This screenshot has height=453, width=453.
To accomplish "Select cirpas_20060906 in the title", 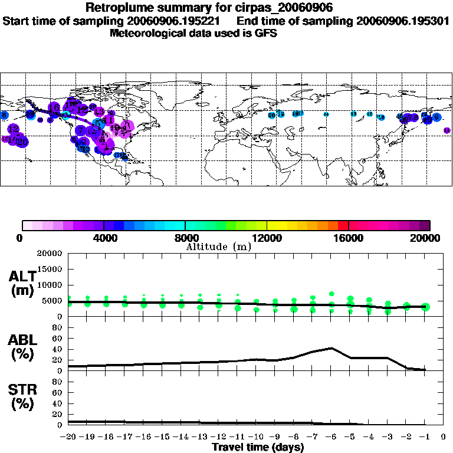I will (x=285, y=8).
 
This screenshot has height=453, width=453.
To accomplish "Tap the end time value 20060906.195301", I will (x=403, y=21).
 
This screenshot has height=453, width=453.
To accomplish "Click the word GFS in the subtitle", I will (x=266, y=33).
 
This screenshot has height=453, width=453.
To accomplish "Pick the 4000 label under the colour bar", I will (x=103, y=238).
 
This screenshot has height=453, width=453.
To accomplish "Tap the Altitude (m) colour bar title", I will (x=219, y=247).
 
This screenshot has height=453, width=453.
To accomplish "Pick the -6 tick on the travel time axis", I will (x=331, y=436).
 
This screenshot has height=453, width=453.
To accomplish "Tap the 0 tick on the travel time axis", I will (x=444, y=436).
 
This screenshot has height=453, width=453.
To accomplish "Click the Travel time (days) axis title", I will (x=257, y=447).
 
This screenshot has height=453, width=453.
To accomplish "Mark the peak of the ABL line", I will (x=332, y=348).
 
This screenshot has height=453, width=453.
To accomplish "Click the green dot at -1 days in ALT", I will (x=425, y=307).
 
